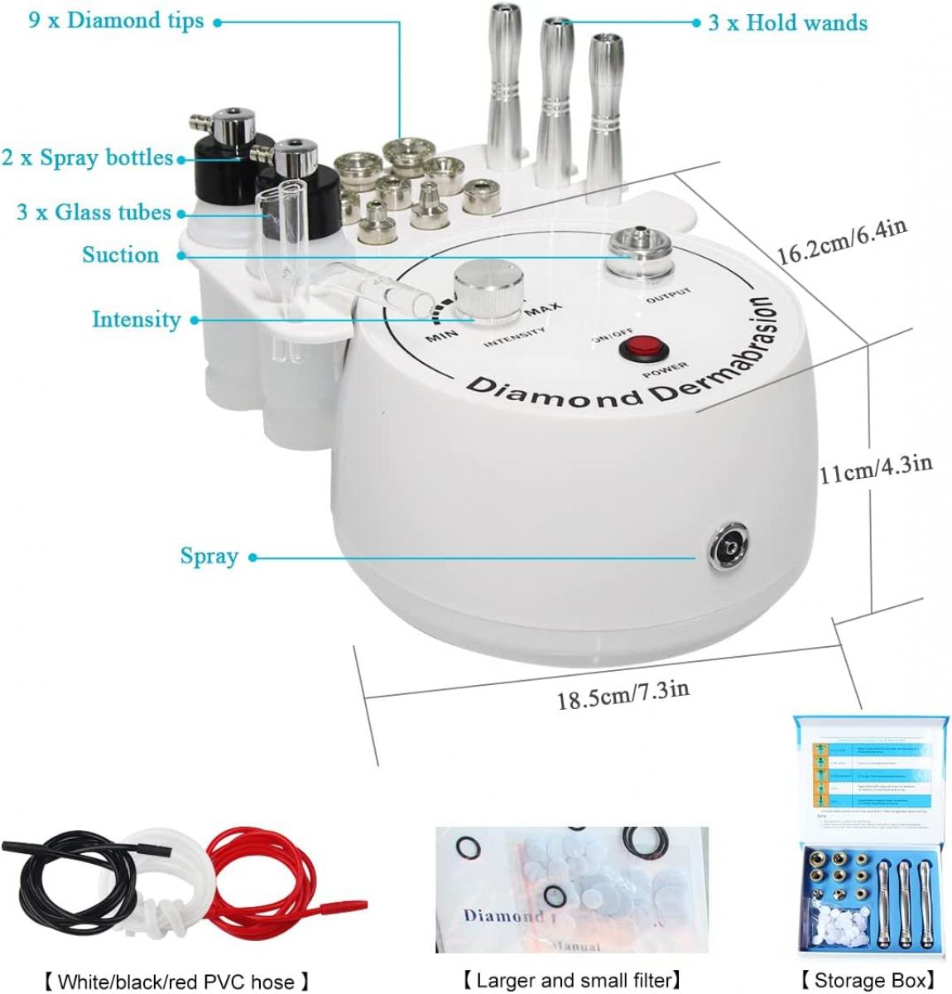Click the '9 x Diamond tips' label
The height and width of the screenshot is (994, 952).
116,21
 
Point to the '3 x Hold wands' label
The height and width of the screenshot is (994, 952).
787,22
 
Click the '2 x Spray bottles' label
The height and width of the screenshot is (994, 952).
87,157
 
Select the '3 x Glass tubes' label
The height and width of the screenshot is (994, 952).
94,213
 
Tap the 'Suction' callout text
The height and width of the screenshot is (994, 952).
121,255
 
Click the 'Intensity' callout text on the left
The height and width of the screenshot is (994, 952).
136,319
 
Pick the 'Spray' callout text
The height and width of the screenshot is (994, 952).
209,556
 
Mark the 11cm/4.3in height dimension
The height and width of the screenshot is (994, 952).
876,469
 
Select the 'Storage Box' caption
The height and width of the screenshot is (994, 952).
868,980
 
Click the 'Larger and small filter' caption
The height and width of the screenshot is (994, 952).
572,980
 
